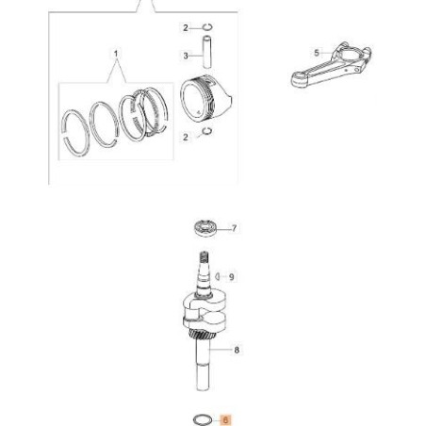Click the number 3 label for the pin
pyautogui.click(x=186, y=56)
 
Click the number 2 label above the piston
pyautogui.click(x=186, y=26)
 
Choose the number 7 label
pyautogui.click(x=235, y=227)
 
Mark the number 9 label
pyautogui.click(x=235, y=276)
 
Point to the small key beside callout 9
pyautogui.click(x=219, y=276)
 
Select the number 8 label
pyautogui.click(x=236, y=350)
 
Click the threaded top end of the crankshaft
pyautogui.click(x=202, y=257)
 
